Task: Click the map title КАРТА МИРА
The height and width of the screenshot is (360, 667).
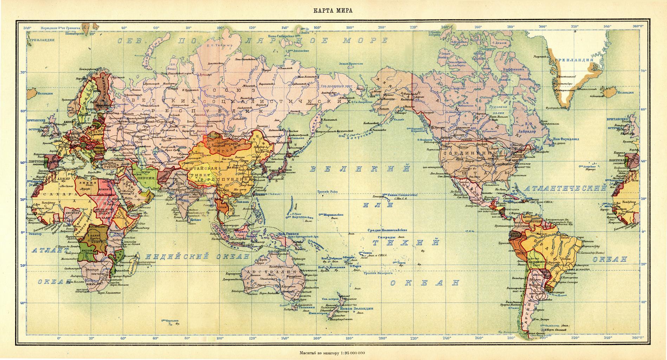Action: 333,10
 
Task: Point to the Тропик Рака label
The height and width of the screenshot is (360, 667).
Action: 328,192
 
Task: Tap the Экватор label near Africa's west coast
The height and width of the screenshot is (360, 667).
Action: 34,233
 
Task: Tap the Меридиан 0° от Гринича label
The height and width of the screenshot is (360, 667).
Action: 61,28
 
